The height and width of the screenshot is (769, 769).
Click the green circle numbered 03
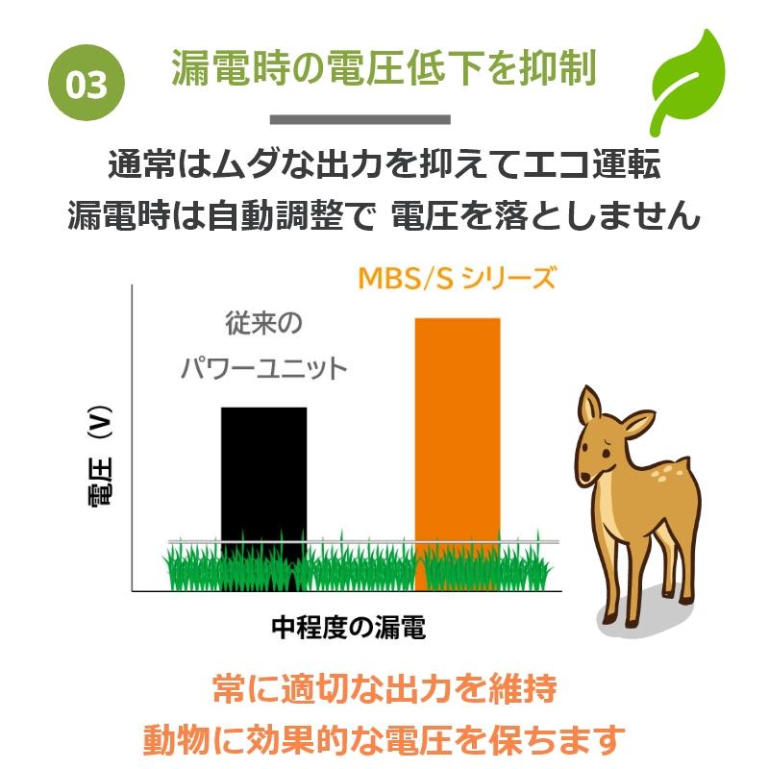(87, 83)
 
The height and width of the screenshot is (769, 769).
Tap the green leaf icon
(686, 81)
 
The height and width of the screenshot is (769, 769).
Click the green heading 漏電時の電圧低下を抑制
(384, 67)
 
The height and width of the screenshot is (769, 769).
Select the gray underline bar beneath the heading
(360, 119)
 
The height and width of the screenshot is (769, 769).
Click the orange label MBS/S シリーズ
(458, 278)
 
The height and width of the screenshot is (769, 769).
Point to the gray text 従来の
(263, 323)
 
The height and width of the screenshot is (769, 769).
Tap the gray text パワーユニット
(263, 368)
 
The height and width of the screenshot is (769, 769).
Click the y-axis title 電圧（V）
(101, 456)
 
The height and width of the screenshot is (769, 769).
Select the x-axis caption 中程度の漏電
(349, 627)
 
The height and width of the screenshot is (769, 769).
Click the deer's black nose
(585, 477)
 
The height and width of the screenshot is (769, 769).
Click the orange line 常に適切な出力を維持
(385, 688)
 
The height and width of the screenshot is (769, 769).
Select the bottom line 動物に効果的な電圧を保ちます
(384, 739)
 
